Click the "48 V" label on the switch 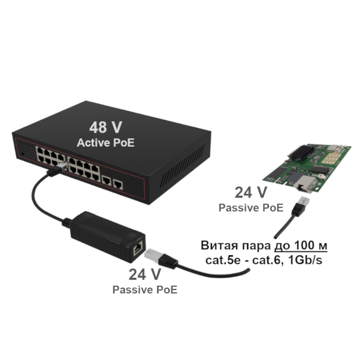pos(106,127)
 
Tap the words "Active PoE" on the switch pos(106,143)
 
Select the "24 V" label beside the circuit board pos(251,193)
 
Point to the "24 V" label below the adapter pos(145,274)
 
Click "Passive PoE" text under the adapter pos(145,290)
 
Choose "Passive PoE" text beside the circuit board pos(251,208)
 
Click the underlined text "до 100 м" pos(301,245)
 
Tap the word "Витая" pos(219,245)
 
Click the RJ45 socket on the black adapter pos(138,248)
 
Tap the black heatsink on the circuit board pos(301,152)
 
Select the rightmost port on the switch pos(118,184)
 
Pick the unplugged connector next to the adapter pos(161,258)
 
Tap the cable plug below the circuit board pos(301,206)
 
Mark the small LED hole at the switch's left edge pos(22,153)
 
